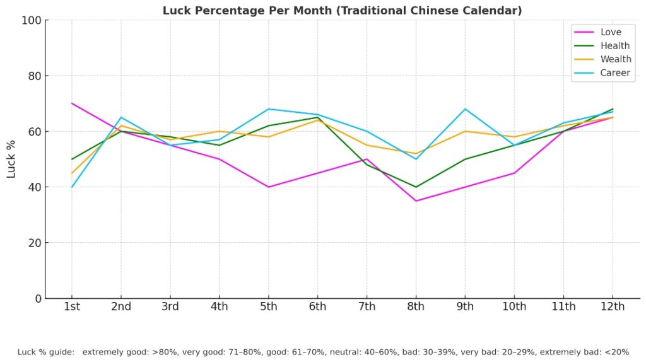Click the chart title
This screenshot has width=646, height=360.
pyautogui.click(x=342, y=11)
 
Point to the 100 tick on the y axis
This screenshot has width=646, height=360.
pyautogui.click(x=31, y=20)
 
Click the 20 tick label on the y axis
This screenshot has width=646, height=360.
pyautogui.click(x=34, y=243)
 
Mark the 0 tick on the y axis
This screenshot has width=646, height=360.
pyautogui.click(x=37, y=298)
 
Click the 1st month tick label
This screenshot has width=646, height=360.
pyautogui.click(x=71, y=307)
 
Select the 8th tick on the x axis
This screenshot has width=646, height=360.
pyautogui.click(x=416, y=307)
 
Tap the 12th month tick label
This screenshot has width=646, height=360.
pyautogui.click(x=613, y=307)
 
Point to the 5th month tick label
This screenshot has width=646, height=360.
pyautogui.click(x=268, y=307)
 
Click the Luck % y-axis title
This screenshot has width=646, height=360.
pyautogui.click(x=11, y=160)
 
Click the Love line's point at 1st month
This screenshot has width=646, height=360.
pyautogui.click(x=72, y=103)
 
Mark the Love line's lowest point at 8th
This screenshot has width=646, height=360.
pyautogui.click(x=416, y=201)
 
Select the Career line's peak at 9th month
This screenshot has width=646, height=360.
pyautogui.click(x=465, y=109)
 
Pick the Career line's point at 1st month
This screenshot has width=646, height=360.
pyautogui.click(x=72, y=187)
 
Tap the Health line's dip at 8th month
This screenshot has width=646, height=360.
pyautogui.click(x=416, y=187)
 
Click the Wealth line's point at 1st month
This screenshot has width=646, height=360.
pyautogui.click(x=72, y=173)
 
